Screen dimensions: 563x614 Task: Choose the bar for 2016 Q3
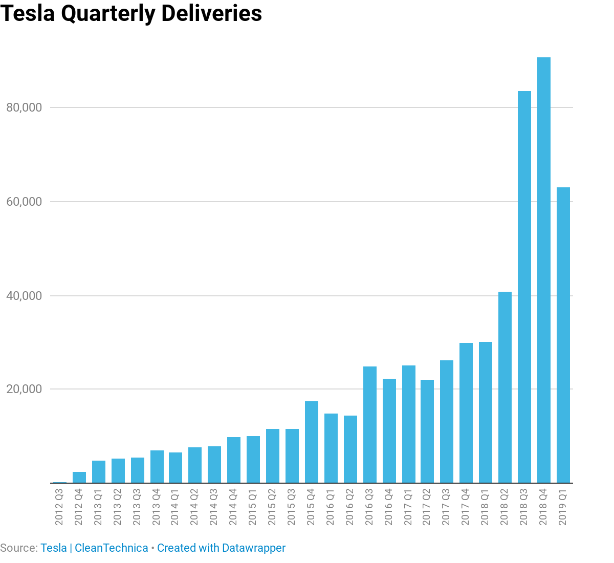[x=370, y=425]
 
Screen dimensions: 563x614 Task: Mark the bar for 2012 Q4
[x=79, y=478]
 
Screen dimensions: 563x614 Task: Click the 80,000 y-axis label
[x=24, y=107]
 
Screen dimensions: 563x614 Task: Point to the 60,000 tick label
[x=24, y=202]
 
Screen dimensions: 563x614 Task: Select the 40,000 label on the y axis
[x=24, y=296]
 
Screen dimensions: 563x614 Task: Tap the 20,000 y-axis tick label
[x=24, y=389]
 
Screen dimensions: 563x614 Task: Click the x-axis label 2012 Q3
[x=59, y=507]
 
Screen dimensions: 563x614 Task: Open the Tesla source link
[x=54, y=548]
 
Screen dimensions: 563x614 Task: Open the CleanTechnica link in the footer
[x=111, y=548]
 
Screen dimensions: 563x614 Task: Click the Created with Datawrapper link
[x=221, y=548]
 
